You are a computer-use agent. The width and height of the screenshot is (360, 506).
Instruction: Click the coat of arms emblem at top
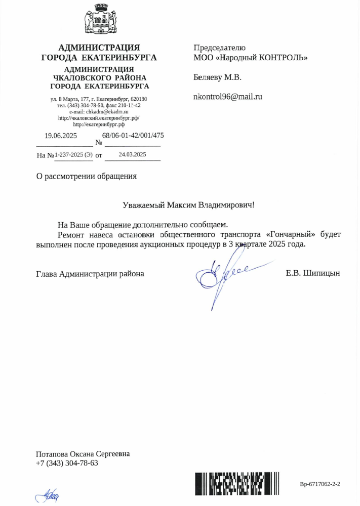click(x=96, y=21)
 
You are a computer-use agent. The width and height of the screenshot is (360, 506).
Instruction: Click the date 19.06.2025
click(x=61, y=136)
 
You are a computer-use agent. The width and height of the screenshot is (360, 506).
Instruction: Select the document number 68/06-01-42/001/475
click(x=133, y=136)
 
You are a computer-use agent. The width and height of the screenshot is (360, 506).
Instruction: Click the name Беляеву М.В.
click(x=217, y=77)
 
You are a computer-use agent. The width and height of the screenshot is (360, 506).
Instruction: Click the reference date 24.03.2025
click(x=132, y=154)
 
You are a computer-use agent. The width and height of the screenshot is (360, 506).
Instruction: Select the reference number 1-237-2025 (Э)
click(x=73, y=155)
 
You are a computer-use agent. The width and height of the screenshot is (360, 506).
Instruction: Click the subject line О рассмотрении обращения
click(x=86, y=177)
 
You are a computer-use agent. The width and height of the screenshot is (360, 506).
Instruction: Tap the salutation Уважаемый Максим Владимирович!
click(x=188, y=205)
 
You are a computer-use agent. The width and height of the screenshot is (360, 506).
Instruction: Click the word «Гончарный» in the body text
click(x=291, y=235)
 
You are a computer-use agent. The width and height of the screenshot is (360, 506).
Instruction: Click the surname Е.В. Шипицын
click(x=312, y=274)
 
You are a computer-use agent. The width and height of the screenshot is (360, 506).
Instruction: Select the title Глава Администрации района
click(x=90, y=274)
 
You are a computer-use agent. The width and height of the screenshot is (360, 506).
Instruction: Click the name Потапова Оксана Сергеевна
click(x=83, y=454)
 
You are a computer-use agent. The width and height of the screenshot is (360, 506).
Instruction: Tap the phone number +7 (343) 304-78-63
click(x=66, y=463)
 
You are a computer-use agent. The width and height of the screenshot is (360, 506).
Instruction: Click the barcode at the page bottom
click(x=237, y=483)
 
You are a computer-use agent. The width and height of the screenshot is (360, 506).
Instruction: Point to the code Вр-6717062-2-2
click(x=319, y=484)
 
